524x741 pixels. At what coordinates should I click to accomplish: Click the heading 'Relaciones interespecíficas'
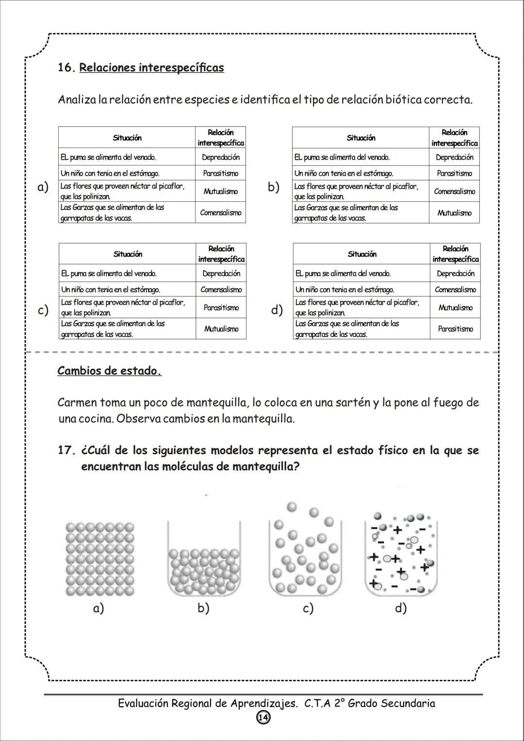click(x=151, y=67)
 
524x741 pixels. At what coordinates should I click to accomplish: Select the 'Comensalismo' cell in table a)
click(x=220, y=213)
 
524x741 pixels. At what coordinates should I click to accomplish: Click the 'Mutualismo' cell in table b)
click(x=454, y=213)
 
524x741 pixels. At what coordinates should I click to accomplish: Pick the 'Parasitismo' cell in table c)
click(x=221, y=308)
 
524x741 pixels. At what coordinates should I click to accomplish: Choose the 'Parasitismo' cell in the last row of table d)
click(x=455, y=329)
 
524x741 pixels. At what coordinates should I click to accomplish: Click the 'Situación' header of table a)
click(x=127, y=138)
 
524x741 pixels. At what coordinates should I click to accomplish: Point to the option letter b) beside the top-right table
click(x=274, y=187)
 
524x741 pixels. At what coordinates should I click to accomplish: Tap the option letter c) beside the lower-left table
click(x=43, y=310)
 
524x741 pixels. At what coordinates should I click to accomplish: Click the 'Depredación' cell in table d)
click(x=455, y=274)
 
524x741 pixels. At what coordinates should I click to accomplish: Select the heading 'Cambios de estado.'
click(x=109, y=371)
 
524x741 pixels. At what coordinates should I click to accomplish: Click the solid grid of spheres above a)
click(x=100, y=559)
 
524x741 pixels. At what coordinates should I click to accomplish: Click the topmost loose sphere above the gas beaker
click(x=292, y=507)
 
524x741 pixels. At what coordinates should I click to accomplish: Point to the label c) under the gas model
click(x=308, y=608)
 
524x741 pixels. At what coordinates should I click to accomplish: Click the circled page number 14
click(x=263, y=718)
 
